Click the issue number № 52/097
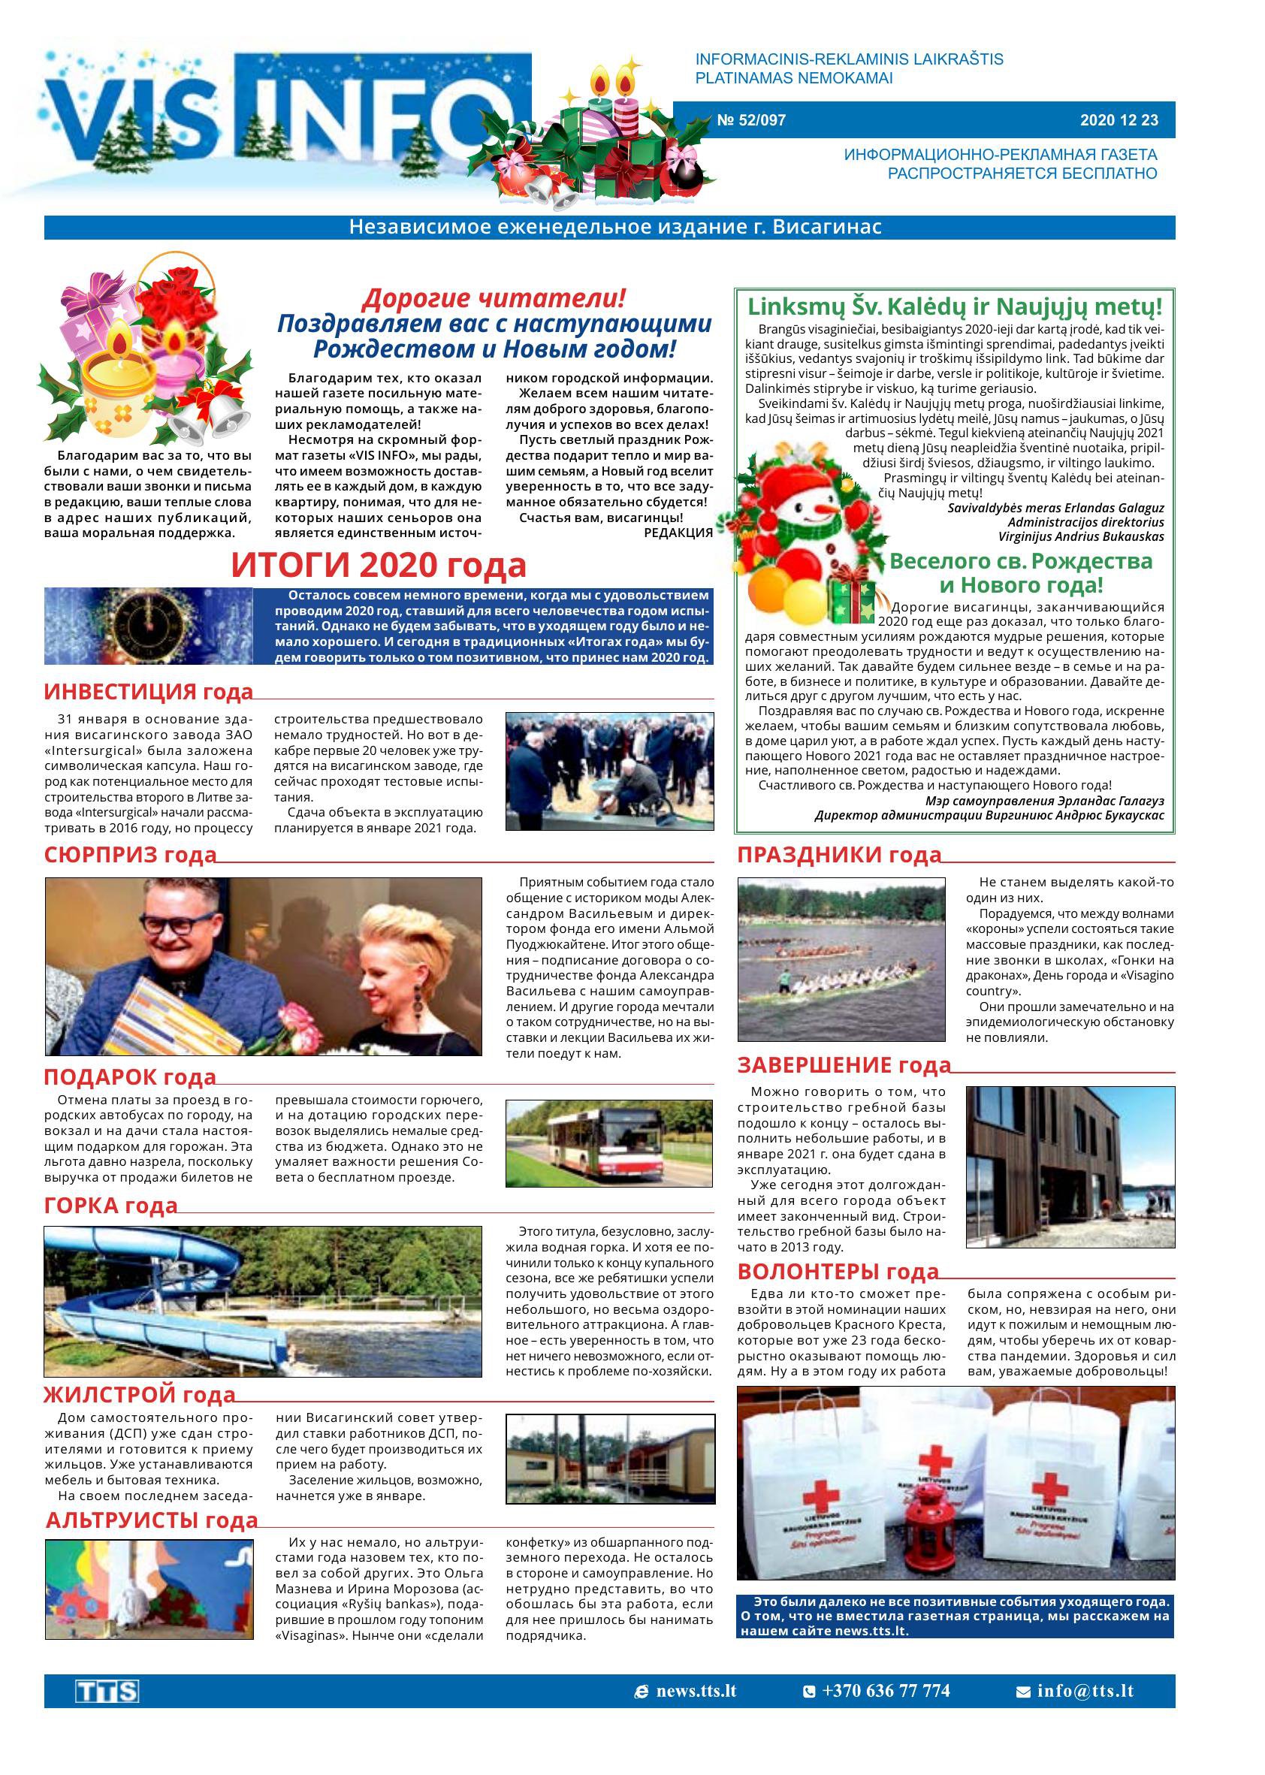coord(750,120)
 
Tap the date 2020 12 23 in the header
coord(1119,120)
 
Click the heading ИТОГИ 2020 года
coord(379,566)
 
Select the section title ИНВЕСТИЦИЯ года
coord(149,692)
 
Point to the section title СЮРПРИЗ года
coord(130,854)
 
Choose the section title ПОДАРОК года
coord(130,1077)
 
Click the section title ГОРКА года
coord(111,1206)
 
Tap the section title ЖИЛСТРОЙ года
coord(140,1394)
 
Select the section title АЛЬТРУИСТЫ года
coord(152,1520)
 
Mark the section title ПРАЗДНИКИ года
coord(839,855)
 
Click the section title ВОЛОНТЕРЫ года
coord(838,1272)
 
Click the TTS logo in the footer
coord(107,1691)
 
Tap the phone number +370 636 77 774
coord(885,1691)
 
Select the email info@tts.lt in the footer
coord(1084,1691)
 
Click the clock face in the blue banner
coord(149,624)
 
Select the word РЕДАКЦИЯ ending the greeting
coord(678,533)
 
